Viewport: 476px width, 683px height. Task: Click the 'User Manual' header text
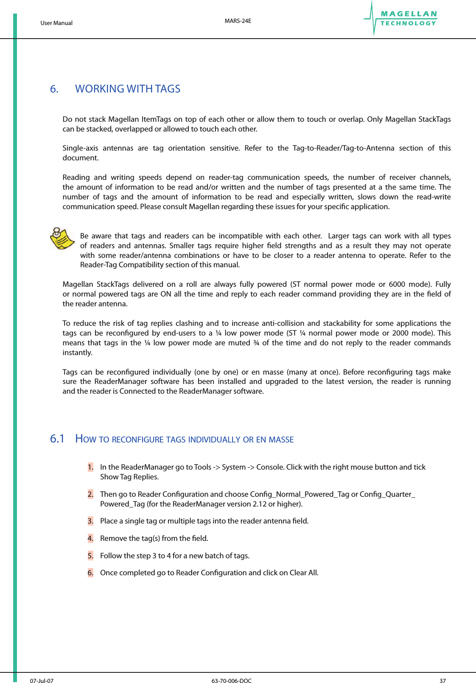coord(56,23)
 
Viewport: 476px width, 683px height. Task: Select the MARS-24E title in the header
coord(238,21)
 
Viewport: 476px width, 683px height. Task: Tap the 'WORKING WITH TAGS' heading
coord(128,89)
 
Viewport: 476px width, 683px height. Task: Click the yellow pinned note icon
coord(62,238)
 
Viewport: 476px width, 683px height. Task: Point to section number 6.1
coord(57,439)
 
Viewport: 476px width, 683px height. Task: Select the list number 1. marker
coord(90,467)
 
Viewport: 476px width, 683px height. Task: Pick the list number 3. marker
coord(90,521)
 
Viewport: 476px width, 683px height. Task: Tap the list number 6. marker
coord(90,573)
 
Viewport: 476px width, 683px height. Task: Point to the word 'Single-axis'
coord(80,148)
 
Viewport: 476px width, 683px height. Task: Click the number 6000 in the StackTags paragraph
coord(397,284)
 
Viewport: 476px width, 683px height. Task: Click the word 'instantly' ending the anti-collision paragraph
coord(77,353)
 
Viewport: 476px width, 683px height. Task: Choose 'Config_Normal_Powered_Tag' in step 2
coord(300,494)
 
